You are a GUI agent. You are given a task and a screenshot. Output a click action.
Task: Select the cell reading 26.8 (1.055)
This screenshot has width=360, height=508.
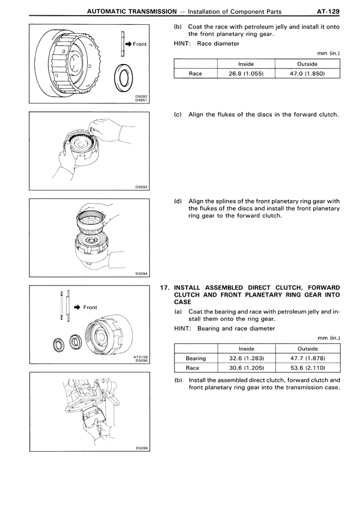[x=246, y=74]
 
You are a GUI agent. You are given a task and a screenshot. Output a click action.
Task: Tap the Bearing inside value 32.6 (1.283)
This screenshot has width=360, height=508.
[x=246, y=358]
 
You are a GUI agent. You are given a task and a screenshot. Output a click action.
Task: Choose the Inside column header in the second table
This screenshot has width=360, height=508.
[x=246, y=348]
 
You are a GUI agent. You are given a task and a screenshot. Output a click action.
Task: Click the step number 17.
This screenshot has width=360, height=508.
[x=165, y=287]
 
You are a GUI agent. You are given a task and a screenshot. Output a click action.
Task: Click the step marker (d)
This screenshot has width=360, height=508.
[x=178, y=201]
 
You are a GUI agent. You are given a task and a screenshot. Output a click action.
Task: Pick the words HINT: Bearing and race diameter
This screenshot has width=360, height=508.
[x=224, y=329]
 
